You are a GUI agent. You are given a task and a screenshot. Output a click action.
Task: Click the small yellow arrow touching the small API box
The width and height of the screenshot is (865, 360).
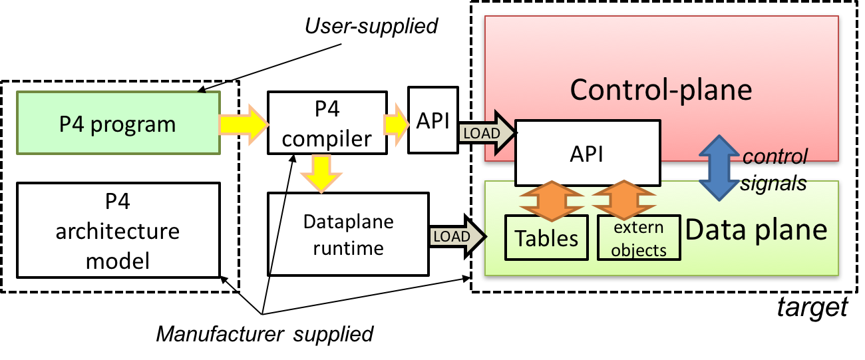(x=396, y=124)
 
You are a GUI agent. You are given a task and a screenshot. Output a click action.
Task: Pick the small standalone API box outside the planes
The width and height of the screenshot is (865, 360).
(x=433, y=120)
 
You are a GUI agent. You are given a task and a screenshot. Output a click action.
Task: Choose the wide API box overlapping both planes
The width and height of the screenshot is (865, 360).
(x=588, y=153)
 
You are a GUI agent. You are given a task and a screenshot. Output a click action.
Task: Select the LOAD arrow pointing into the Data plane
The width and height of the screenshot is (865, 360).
(x=457, y=236)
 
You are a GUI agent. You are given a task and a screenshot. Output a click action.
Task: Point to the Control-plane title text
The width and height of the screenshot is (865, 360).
(x=661, y=89)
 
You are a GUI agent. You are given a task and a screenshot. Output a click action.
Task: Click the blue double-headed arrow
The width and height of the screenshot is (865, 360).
(x=717, y=167)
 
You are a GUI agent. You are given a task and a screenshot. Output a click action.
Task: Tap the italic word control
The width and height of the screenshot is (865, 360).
(x=775, y=156)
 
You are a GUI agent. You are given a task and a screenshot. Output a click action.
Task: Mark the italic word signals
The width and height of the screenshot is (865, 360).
(x=774, y=183)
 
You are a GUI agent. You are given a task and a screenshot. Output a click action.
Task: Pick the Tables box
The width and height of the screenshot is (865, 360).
(x=547, y=238)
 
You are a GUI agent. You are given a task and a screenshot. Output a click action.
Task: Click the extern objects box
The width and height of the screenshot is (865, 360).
(x=639, y=238)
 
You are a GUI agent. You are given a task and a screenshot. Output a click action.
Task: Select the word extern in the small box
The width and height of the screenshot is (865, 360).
(x=639, y=228)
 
